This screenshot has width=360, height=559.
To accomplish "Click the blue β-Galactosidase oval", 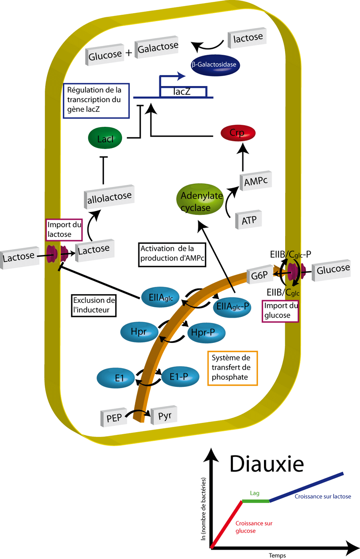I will pyautogui.click(x=215, y=65).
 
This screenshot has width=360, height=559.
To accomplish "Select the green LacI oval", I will pyautogui.click(x=105, y=138).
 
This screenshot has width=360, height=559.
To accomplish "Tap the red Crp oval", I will pyautogui.click(x=238, y=133).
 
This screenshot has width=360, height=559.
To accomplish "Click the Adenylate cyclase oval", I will pyautogui.click(x=200, y=199).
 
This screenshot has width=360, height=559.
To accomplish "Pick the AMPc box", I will pyautogui.click(x=256, y=181).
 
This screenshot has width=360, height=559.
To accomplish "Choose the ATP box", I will pyautogui.click(x=249, y=220).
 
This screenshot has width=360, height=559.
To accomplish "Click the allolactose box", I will pyautogui.click(x=109, y=197).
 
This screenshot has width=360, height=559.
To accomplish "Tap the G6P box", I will pyautogui.click(x=260, y=275).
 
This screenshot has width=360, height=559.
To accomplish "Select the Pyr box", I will pyautogui.click(x=164, y=416).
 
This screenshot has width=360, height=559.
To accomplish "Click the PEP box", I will pyautogui.click(x=114, y=418).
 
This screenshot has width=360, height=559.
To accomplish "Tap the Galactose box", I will pyautogui.click(x=157, y=48).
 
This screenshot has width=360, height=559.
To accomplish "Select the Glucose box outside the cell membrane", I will pyautogui.click(x=333, y=270).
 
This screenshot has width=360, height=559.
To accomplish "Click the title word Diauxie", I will pyautogui.click(x=266, y=464).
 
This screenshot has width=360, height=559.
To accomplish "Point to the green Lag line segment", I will pyautogui.click(x=256, y=501).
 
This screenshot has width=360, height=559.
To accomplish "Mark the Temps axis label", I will pyautogui.click(x=277, y=555).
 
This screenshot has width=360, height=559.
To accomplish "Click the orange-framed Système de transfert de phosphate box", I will pyautogui.click(x=232, y=368).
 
